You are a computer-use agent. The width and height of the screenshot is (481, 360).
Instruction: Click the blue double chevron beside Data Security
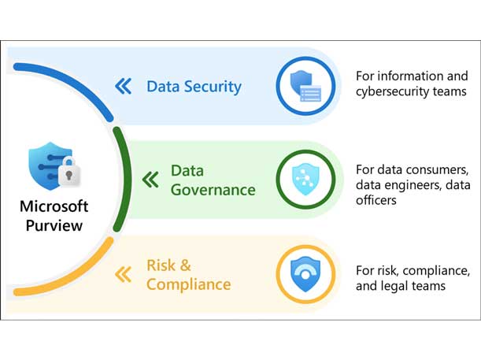(123, 86)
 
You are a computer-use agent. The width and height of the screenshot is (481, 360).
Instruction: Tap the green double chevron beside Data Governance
(150, 180)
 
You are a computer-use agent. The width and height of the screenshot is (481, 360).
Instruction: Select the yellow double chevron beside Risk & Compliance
(123, 274)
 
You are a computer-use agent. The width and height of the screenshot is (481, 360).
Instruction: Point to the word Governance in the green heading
(213, 190)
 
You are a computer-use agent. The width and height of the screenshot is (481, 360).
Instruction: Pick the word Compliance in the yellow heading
(189, 284)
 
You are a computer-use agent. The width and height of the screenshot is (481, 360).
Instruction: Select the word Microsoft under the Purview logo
(54, 207)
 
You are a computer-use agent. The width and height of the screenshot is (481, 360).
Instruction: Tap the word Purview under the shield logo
(54, 225)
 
